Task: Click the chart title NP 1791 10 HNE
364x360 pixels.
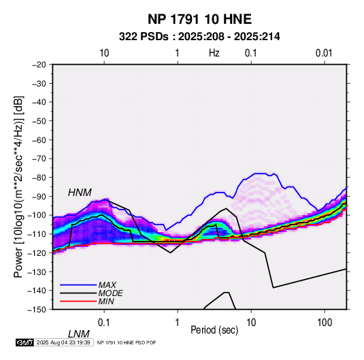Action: coord(199,19)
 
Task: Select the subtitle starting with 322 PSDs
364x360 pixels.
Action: coord(199,37)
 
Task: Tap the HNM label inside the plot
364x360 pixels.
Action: coord(80,193)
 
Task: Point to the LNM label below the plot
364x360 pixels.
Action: coord(79,334)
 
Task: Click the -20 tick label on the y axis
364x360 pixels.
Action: coord(39,65)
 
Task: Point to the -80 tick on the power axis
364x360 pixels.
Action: coord(39,178)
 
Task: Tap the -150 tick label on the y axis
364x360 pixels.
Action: coord(37,310)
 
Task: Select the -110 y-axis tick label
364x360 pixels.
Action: coord(37,234)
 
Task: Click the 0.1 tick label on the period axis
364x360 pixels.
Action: coord(104,323)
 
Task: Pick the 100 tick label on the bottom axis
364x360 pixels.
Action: coord(325,323)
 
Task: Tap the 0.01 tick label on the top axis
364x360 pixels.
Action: coord(324,53)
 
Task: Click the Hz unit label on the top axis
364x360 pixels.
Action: coord(214,53)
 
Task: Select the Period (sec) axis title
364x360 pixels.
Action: coord(214,330)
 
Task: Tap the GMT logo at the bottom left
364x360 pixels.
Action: coord(25,342)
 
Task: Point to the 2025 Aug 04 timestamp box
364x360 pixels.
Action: coord(63,342)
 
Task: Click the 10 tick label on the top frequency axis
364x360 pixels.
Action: coord(104,53)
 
